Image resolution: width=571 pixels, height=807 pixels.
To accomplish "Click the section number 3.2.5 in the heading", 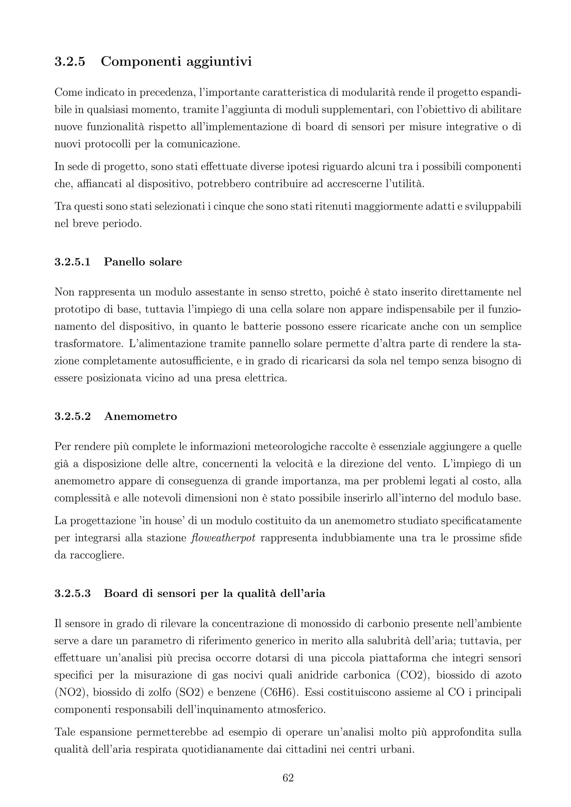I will pos(70,62).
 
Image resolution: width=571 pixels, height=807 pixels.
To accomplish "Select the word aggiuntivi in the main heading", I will pos(219,62).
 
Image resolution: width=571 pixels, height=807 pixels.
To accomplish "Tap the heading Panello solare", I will pos(143,262).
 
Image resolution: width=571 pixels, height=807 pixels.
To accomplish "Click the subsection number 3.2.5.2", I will pos(72,417).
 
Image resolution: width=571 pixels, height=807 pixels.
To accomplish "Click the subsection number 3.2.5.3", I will pos(72,593).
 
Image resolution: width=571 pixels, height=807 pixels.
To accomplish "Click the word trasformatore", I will pos(89,343).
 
